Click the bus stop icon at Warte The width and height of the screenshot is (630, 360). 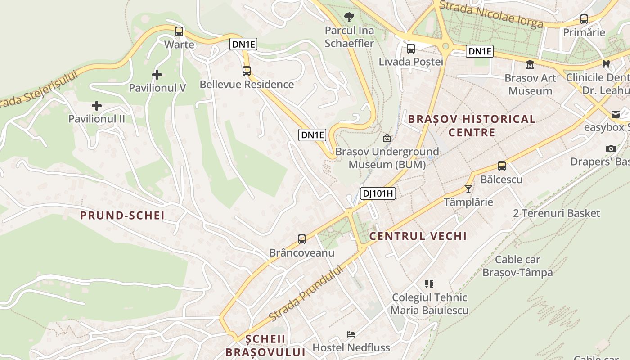[x=179, y=31]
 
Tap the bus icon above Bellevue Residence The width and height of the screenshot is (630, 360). [x=246, y=71]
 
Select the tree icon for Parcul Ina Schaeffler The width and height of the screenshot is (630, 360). [x=349, y=18]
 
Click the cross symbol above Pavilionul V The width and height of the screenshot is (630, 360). [x=157, y=75]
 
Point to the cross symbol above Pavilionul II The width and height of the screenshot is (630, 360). [x=96, y=106]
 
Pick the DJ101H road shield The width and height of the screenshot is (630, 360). [x=378, y=194]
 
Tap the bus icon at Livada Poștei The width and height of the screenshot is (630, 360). [x=411, y=49]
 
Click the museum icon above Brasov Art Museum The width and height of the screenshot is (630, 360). [x=530, y=65]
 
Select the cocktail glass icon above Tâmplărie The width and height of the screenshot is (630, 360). [x=468, y=189]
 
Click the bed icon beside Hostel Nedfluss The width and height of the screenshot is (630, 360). [x=351, y=334]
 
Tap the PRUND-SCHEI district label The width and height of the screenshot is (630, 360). [x=122, y=216]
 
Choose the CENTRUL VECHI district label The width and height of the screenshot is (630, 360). [x=418, y=236]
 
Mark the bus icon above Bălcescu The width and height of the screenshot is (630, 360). [x=502, y=166]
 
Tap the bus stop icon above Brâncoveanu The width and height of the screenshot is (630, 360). [x=302, y=239]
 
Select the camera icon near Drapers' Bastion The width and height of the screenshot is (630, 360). [x=611, y=148]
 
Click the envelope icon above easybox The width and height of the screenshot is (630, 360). [x=615, y=114]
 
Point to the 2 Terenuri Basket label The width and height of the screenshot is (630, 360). [x=557, y=213]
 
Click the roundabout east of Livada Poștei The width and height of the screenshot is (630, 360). [x=446, y=46]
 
